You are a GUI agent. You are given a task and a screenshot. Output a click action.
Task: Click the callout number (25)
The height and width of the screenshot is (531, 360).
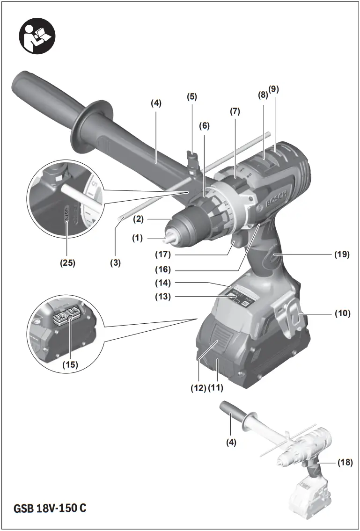(67, 263)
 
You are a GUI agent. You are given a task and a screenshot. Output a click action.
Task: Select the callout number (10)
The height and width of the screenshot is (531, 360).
(343, 313)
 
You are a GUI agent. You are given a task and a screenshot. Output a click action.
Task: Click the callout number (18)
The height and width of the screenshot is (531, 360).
(345, 462)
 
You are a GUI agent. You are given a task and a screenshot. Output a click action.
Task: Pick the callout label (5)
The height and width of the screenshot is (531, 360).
(192, 97)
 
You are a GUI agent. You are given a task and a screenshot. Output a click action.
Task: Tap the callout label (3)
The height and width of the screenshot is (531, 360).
(115, 263)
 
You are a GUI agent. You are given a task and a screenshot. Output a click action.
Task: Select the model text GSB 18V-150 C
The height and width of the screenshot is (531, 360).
(50, 508)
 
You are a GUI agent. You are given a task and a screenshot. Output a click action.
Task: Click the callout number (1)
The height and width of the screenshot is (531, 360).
(137, 238)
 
